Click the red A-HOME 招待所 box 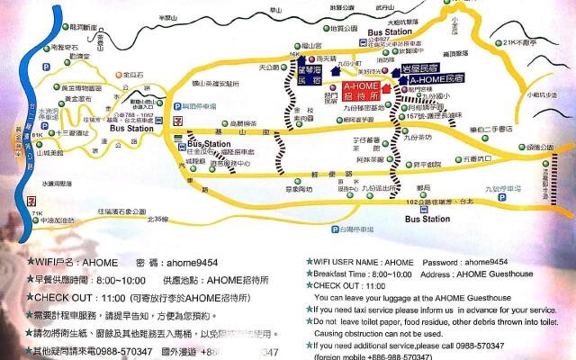(361, 90)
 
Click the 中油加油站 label (59, 218)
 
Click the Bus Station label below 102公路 (427, 218)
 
